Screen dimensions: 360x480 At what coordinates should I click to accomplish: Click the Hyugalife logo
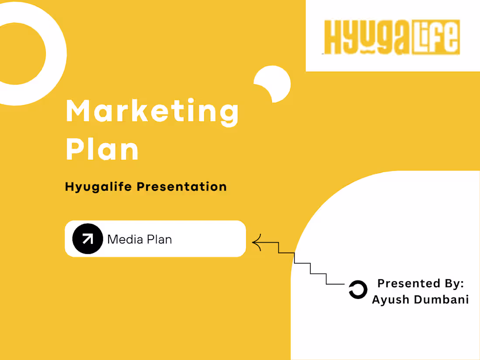(392, 37)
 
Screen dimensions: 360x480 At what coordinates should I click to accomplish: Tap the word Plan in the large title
(102, 149)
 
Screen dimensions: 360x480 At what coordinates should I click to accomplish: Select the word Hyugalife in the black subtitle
(99, 187)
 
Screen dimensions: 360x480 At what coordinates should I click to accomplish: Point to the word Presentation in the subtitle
(182, 187)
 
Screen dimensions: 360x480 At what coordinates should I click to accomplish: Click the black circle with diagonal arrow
(88, 239)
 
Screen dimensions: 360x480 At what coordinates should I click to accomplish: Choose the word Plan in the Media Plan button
(159, 239)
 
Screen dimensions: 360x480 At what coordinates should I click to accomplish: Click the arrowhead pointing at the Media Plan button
(257, 243)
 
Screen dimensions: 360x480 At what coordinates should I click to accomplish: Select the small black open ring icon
(358, 290)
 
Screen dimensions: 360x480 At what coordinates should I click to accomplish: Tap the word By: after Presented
(454, 284)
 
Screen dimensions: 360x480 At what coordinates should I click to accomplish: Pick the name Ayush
(389, 300)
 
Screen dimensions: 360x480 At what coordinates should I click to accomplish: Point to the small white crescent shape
(274, 83)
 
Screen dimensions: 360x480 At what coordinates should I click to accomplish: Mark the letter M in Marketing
(78, 111)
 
